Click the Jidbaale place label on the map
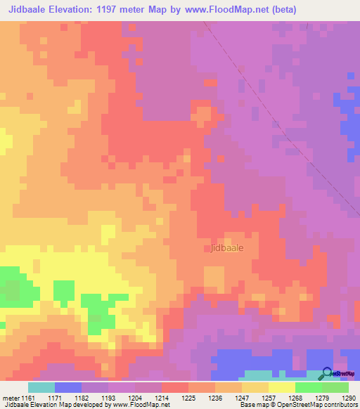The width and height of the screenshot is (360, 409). coord(230,248)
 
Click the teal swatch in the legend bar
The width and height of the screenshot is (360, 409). coord(41,387)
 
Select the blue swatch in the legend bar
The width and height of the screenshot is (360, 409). coord(68,387)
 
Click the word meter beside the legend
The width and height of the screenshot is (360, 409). coord(9,398)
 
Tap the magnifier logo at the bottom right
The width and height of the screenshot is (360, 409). coord(328,373)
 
